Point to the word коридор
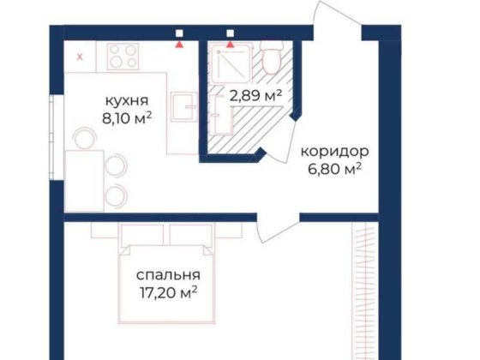[333, 151]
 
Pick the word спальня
[168, 275]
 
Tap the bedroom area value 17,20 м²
[168, 292]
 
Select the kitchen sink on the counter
[182, 108]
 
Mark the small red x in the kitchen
[80, 57]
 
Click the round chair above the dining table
[84, 136]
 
